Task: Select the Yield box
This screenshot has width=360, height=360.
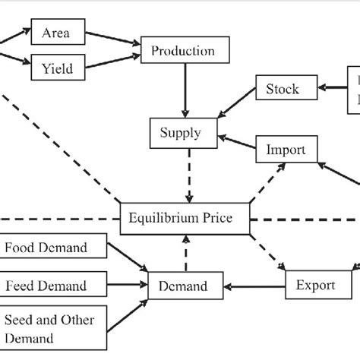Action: coord(55,69)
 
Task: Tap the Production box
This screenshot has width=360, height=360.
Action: coord(183,52)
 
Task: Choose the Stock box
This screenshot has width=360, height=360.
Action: coord(282,89)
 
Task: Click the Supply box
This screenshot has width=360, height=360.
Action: coord(180,134)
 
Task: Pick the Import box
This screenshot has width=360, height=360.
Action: coord(286,150)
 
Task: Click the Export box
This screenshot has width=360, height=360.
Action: coord(315,286)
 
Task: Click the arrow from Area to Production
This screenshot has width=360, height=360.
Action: coord(114,43)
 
